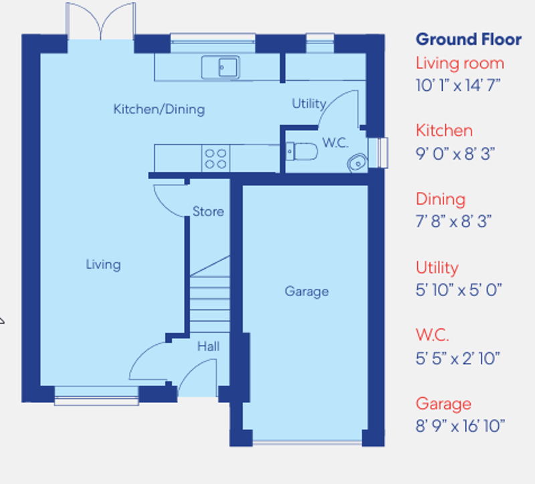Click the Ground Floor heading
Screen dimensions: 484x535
[468, 39]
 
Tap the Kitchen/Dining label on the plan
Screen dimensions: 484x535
[158, 109]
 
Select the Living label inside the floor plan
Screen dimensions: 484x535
[103, 265]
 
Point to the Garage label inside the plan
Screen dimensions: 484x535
[306, 291]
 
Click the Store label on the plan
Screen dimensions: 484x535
[208, 212]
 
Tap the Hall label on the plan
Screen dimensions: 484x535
[208, 347]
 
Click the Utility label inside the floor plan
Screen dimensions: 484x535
[309, 104]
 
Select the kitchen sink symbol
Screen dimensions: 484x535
[220, 67]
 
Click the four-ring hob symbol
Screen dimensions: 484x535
[215, 158]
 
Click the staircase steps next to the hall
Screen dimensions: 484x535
[209, 297]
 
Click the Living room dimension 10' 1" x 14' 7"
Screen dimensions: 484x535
[458, 85]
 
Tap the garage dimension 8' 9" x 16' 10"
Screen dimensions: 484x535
[460, 425]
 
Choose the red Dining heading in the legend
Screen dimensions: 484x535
[440, 199]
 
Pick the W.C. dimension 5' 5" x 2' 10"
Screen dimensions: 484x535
[458, 358]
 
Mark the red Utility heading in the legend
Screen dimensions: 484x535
[437, 268]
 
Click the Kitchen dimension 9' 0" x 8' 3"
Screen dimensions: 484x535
[453, 153]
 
